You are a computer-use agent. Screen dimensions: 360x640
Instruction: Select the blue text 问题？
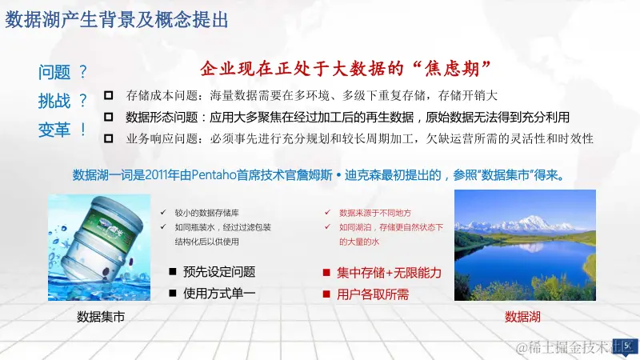[63, 74]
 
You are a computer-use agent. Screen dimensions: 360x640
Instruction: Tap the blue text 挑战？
[63, 102]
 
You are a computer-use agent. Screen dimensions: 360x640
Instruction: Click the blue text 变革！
[63, 130]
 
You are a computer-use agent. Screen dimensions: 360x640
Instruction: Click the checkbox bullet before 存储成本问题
[108, 94]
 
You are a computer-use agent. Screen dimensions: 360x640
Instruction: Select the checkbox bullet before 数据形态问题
[108, 117]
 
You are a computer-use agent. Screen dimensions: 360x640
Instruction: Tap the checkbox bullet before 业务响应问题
[108, 138]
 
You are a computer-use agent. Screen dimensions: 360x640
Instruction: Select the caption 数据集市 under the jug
[100, 317]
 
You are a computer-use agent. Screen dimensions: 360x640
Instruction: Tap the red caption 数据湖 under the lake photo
[522, 317]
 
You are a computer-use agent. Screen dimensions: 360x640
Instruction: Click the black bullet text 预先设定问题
[219, 271]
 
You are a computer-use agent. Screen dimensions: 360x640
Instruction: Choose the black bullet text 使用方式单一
[219, 294]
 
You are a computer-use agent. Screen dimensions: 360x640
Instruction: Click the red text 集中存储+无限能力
[389, 273]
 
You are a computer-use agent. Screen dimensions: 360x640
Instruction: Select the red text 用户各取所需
[373, 294]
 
